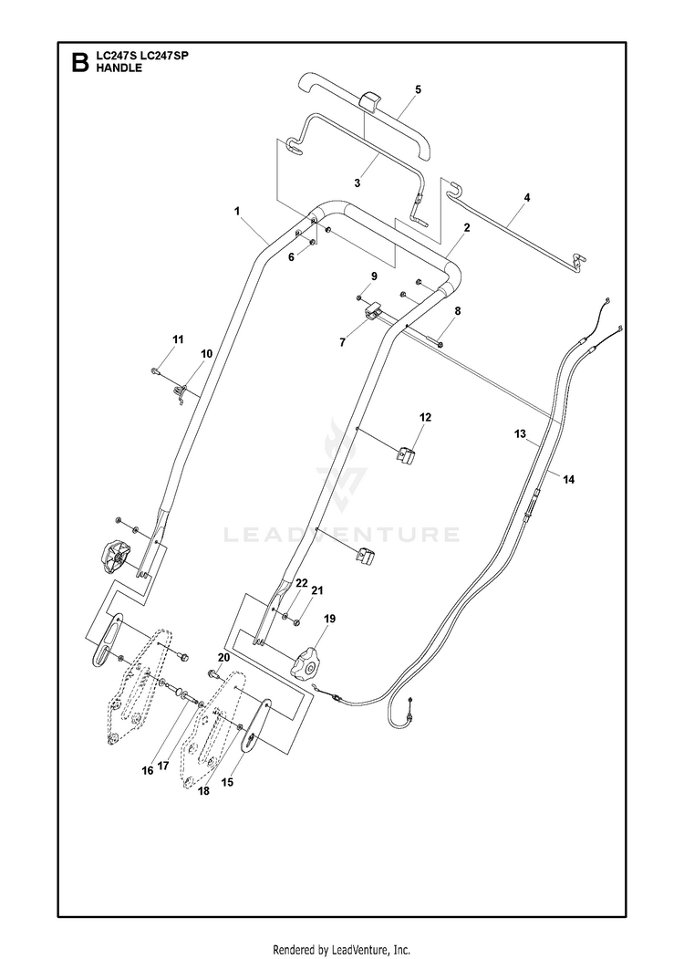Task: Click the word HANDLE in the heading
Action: (x=119, y=68)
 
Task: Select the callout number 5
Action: (x=418, y=89)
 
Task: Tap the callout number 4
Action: (x=527, y=198)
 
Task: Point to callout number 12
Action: (x=425, y=417)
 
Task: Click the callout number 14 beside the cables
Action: (x=568, y=480)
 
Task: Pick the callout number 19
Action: (x=329, y=619)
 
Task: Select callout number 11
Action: (x=177, y=339)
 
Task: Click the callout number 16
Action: (x=148, y=771)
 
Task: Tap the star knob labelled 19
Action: (x=306, y=665)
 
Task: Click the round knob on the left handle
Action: (x=112, y=558)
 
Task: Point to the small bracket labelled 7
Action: (x=371, y=310)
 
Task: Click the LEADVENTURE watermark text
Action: (x=342, y=535)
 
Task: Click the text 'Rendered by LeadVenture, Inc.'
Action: (x=341, y=949)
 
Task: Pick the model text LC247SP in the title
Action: (x=165, y=57)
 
